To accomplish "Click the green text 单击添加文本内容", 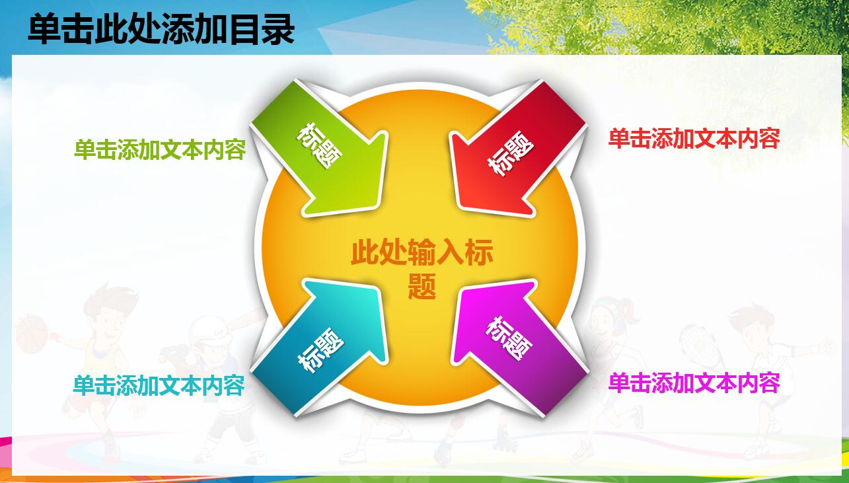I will tap(160, 151).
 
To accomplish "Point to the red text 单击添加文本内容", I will tap(694, 139).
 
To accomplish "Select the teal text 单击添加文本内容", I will tap(159, 386).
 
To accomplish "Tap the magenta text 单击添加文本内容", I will tap(694, 383).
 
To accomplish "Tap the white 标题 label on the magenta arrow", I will tap(509, 338).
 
